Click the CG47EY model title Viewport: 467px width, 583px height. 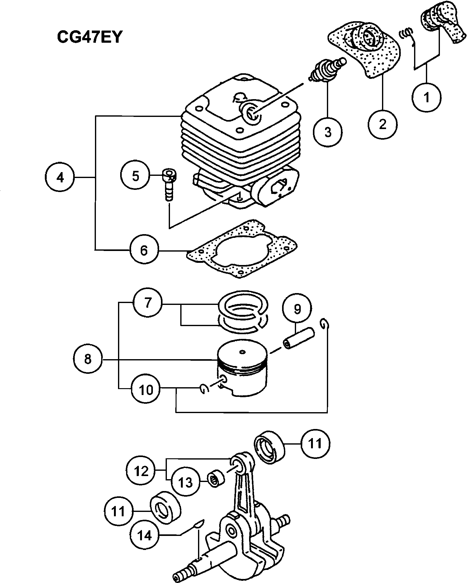pyautogui.click(x=89, y=37)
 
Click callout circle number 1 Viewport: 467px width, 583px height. pyautogui.click(x=427, y=97)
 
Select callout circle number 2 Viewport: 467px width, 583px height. pyautogui.click(x=382, y=124)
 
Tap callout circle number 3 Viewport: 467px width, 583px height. pyautogui.click(x=328, y=132)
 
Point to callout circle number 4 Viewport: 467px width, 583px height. pyautogui.click(x=60, y=177)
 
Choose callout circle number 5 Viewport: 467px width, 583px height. pyautogui.click(x=135, y=176)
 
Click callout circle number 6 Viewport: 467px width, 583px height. pyautogui.click(x=144, y=250)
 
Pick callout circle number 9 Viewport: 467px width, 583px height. pyautogui.click(x=297, y=309)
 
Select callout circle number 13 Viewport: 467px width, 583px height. pyautogui.click(x=185, y=482)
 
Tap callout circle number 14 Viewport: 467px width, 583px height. pyautogui.click(x=144, y=535)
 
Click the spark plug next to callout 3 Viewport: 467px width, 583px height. pyautogui.click(x=327, y=70)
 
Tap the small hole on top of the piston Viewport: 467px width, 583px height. pyautogui.click(x=242, y=353)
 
